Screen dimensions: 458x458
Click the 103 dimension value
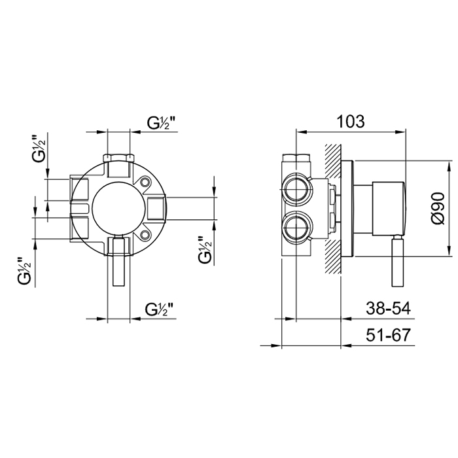351,122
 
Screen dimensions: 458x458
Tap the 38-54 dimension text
388,308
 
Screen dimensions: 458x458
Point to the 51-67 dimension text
388,335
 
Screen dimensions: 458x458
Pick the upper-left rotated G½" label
39,149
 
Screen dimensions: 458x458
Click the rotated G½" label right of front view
205,250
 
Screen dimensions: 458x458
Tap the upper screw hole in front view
145,183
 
